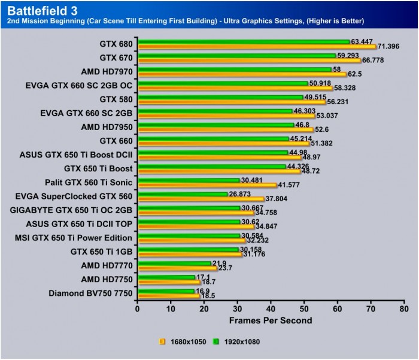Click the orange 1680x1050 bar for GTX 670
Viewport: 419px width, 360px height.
pos(249,60)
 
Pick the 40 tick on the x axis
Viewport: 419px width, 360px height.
pos(271,309)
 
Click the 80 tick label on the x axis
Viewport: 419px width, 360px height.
pos(404,309)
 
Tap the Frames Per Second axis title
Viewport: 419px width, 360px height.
pos(271,320)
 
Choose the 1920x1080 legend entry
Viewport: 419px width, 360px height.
pos(240,341)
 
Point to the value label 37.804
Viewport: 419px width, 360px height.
pos(277,199)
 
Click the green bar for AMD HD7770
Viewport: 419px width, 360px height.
pos(174,264)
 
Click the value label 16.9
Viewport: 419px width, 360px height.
pos(204,291)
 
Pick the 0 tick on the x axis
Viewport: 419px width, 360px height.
pos(138,309)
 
